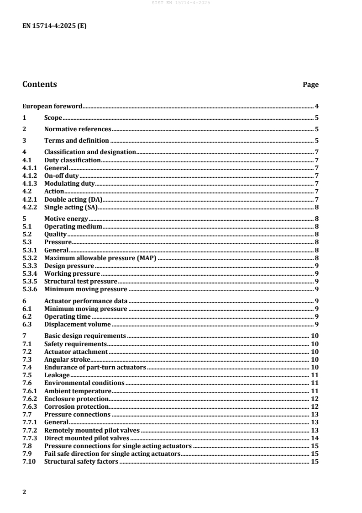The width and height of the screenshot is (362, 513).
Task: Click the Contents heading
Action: [x=40, y=84]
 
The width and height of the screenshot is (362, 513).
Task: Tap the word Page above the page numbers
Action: [x=310, y=85]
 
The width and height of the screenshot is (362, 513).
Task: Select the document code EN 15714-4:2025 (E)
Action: [x=54, y=26]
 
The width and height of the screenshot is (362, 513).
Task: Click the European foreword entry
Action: [x=52, y=106]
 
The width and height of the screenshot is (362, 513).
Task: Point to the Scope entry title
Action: [x=53, y=118]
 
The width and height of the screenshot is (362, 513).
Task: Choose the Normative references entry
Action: [x=78, y=129]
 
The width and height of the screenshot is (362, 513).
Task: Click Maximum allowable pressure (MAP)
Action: [x=100, y=257]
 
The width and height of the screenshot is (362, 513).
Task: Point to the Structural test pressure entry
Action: [x=81, y=281]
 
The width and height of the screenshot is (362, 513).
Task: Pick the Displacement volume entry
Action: [x=77, y=324]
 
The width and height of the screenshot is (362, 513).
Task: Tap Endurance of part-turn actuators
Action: [x=95, y=367]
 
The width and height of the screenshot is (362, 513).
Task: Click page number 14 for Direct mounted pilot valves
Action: [x=315, y=438]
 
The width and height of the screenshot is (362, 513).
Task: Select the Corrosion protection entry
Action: [x=76, y=406]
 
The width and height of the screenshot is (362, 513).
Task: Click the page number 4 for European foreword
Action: [x=316, y=106]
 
